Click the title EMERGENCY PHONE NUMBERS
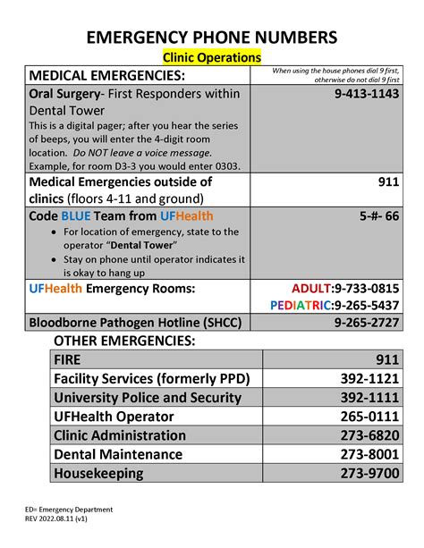click(x=212, y=37)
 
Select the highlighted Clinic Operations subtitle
click(x=212, y=57)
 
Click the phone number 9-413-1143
click(x=367, y=93)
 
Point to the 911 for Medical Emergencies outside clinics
click(x=386, y=181)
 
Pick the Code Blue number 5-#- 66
click(x=379, y=216)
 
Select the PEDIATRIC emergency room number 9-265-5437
click(x=335, y=305)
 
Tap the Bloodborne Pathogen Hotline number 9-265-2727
click(x=367, y=322)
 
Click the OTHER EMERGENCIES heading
click(x=124, y=341)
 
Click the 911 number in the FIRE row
click(x=386, y=360)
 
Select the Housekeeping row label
click(x=98, y=473)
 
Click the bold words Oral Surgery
click(x=64, y=93)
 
